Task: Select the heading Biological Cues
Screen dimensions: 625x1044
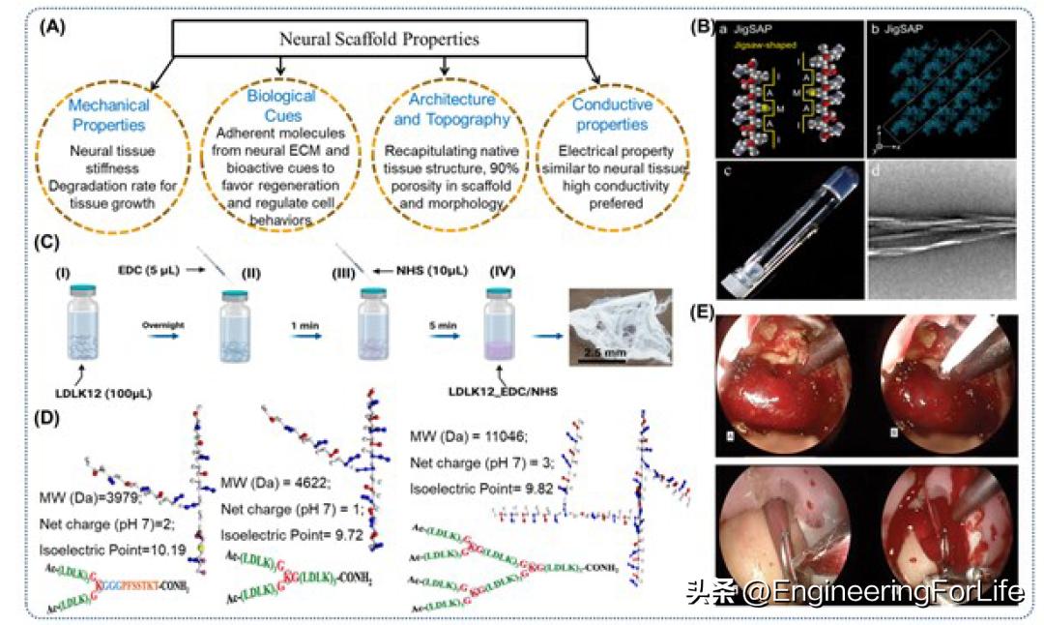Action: coord(280,104)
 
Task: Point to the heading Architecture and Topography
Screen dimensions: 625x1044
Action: coord(445,111)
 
